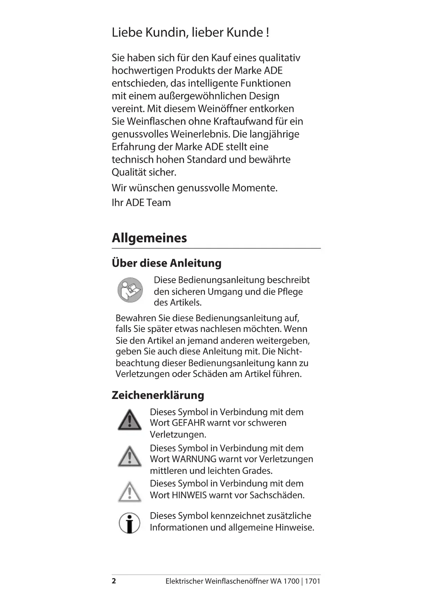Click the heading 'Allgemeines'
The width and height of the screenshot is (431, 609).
(x=149, y=238)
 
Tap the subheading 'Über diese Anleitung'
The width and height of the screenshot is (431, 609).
(x=166, y=263)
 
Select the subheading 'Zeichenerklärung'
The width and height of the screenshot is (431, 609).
(x=158, y=395)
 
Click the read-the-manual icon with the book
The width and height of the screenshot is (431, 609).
(x=130, y=290)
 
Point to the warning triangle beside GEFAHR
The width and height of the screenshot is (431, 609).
(x=130, y=420)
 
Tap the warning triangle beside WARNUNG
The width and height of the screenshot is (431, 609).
(x=130, y=457)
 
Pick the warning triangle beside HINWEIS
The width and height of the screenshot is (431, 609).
(x=130, y=492)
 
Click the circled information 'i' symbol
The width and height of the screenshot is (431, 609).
(x=130, y=523)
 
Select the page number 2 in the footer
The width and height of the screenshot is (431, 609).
(x=114, y=581)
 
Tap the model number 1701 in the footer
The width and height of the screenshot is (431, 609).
(x=313, y=581)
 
